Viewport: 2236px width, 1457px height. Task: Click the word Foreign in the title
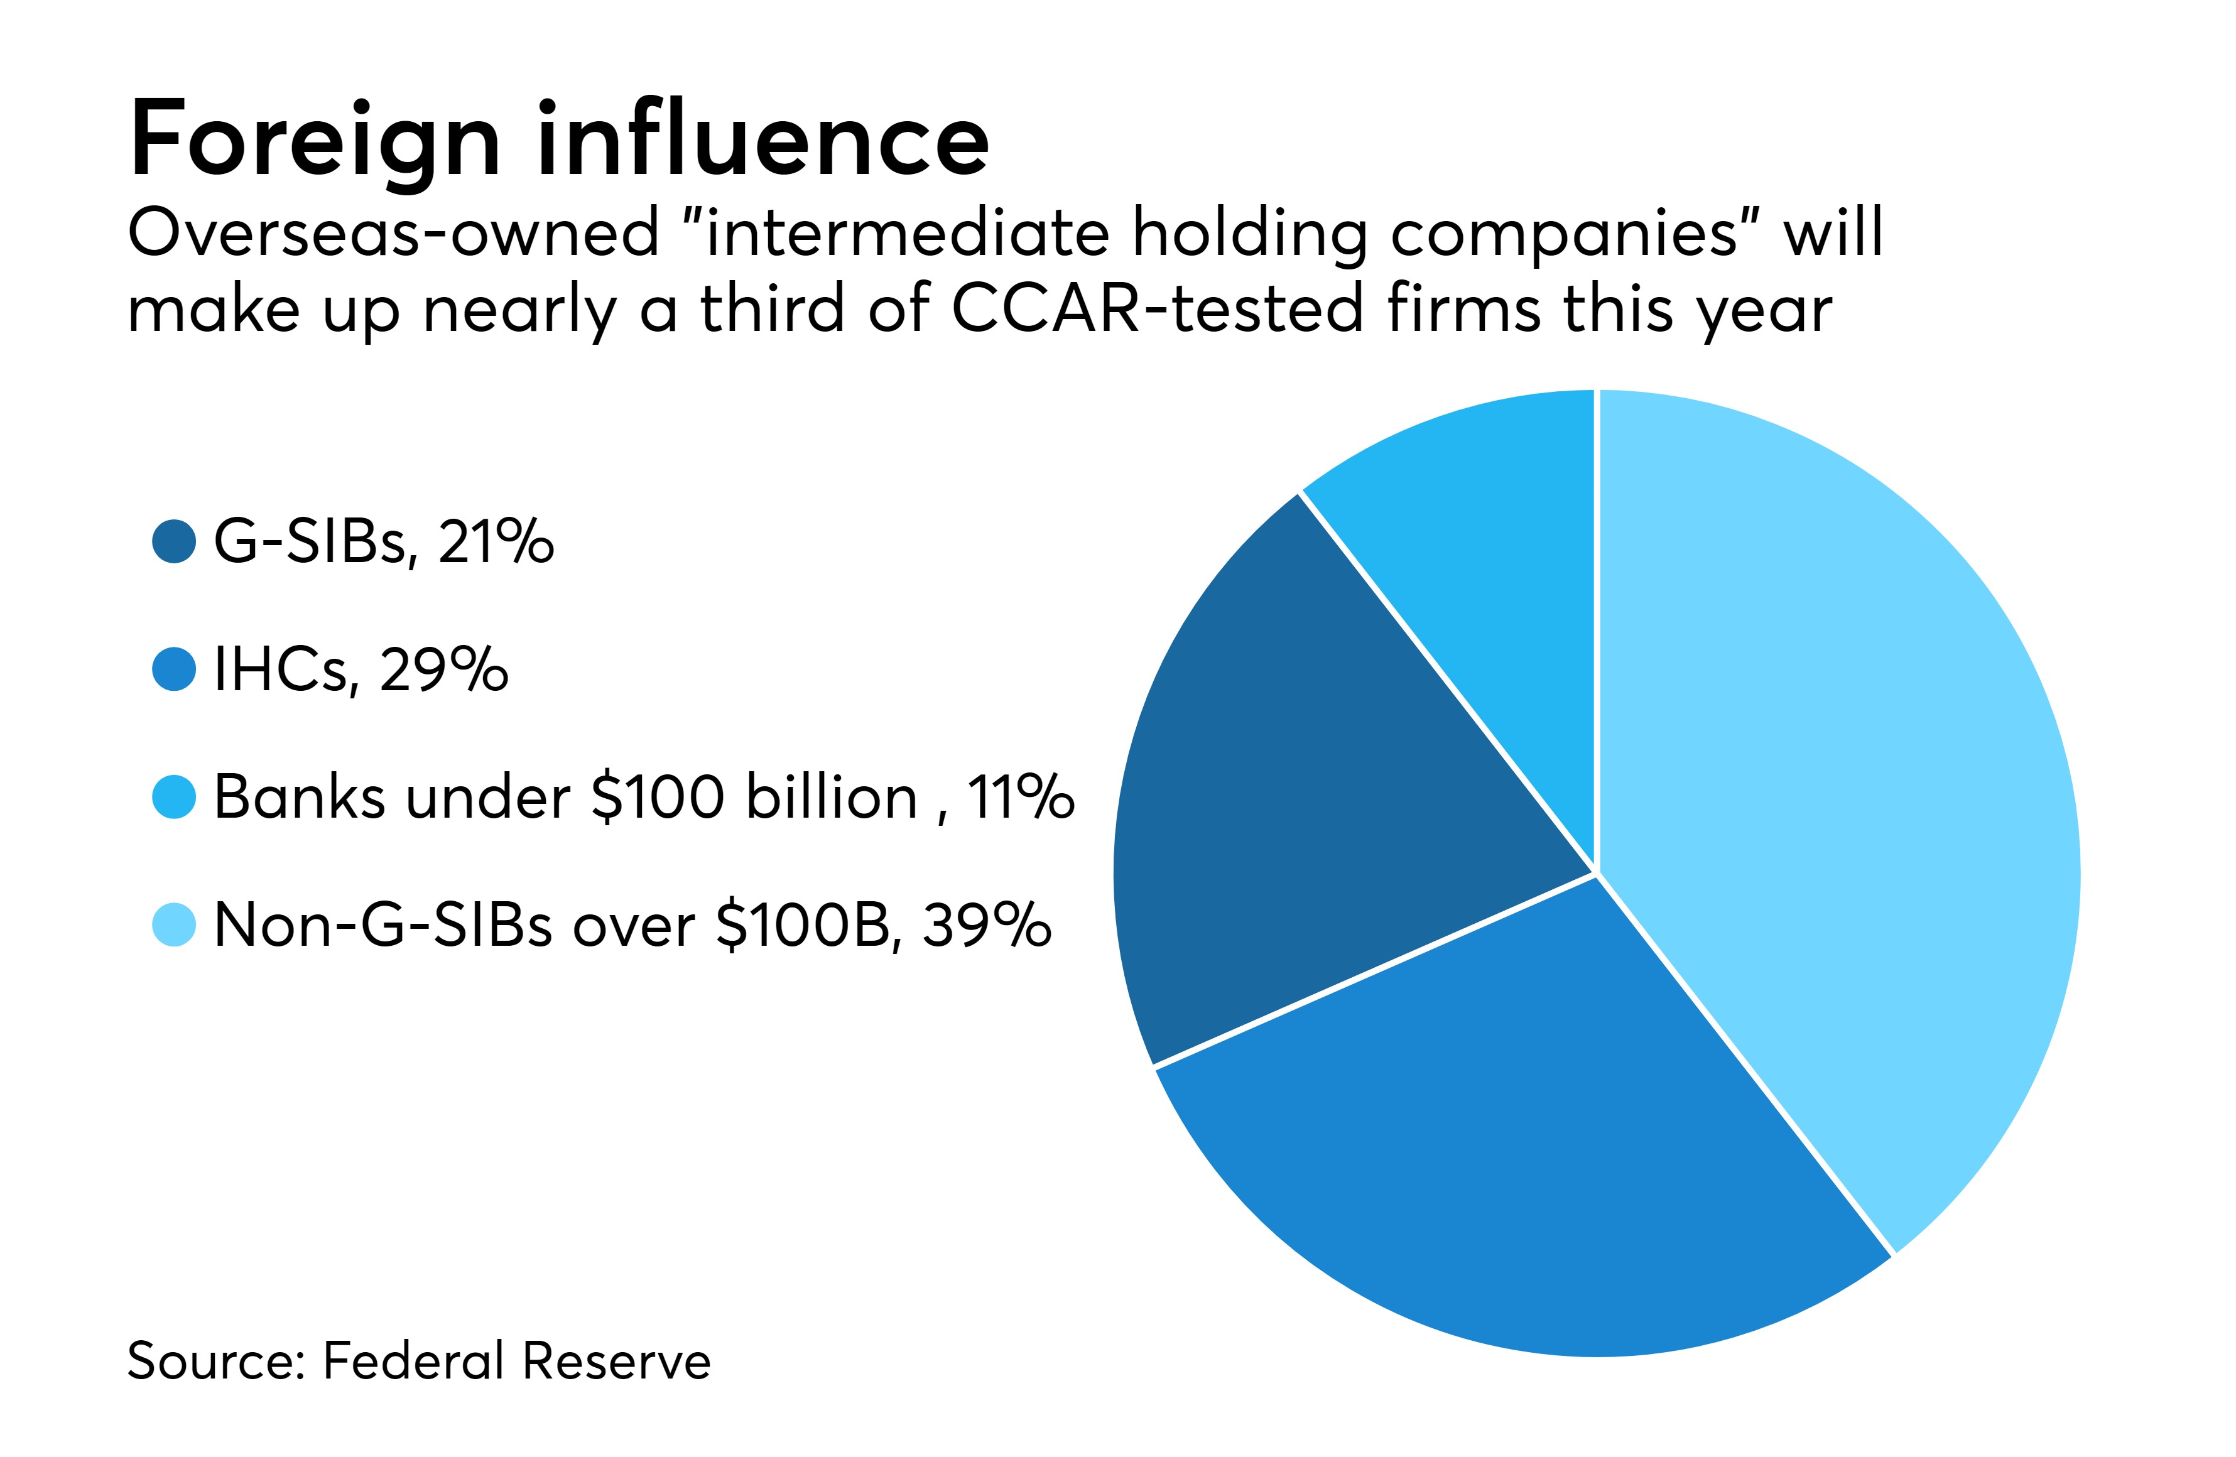pos(315,141)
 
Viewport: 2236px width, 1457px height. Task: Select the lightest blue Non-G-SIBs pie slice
pos(1832,798)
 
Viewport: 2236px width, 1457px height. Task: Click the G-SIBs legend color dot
pos(174,542)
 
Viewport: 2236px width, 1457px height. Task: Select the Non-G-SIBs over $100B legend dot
pos(174,925)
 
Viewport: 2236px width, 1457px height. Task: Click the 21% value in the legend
pos(496,542)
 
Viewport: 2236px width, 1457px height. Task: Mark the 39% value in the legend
pos(987,925)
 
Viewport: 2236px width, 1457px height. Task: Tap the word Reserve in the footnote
pos(616,1361)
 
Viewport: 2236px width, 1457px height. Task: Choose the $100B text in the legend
pos(803,925)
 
